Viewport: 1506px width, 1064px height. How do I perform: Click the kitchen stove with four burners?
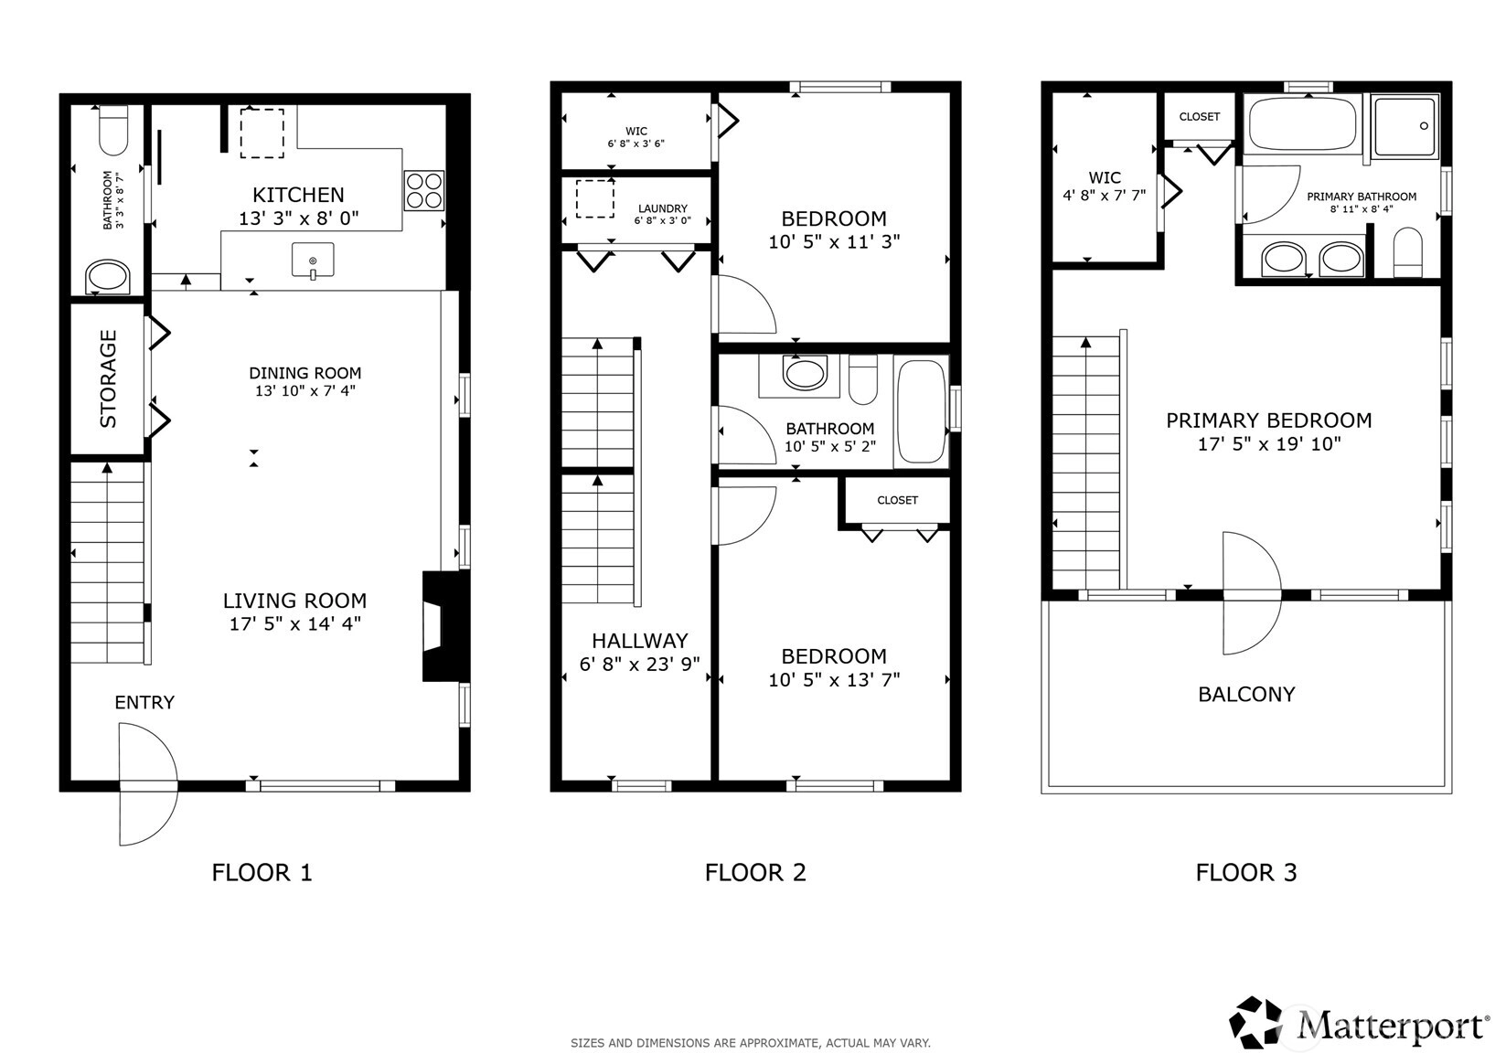(x=423, y=191)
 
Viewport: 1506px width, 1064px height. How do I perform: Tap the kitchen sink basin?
(x=313, y=260)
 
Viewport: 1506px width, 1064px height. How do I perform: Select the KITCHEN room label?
(x=298, y=195)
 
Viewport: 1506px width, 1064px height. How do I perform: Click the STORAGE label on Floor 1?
(x=108, y=378)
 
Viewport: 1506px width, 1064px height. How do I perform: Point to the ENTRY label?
(x=144, y=702)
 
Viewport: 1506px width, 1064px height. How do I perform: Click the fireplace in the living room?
(x=442, y=626)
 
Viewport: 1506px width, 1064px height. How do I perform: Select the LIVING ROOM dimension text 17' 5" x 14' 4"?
(x=295, y=623)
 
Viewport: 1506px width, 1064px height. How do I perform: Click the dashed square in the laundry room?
(x=595, y=199)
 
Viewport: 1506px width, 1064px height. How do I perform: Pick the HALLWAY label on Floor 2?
(x=640, y=641)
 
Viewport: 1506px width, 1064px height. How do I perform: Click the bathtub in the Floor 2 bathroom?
(x=921, y=411)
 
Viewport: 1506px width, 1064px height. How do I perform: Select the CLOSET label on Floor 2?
(x=898, y=500)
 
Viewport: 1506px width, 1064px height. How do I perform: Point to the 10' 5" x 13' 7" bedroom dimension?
(x=834, y=679)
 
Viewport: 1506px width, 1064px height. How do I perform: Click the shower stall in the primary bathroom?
(x=1405, y=126)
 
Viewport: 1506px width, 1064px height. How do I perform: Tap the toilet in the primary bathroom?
(x=1408, y=252)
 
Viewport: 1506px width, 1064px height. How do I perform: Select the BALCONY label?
(x=1246, y=695)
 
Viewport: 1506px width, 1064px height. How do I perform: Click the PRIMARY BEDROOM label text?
(x=1268, y=420)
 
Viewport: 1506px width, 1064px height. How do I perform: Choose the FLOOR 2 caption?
(x=755, y=872)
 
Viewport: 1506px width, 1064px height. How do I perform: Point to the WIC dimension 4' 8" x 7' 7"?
(x=1105, y=196)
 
